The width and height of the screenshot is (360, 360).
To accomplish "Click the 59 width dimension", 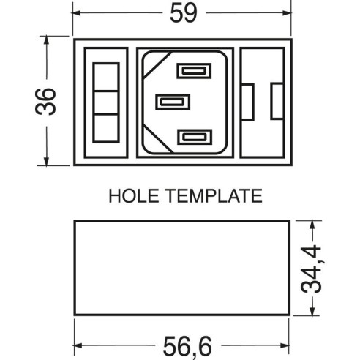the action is tap(183, 13).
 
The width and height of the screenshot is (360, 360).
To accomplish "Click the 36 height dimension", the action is tap(45, 102).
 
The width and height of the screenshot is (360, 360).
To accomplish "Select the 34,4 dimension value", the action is tap(312, 269).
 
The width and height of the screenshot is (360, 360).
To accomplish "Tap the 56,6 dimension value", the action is tap(187, 346).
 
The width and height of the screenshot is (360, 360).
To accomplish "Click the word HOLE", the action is tap(133, 195).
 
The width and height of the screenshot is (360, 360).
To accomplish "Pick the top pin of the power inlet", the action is tap(194, 71).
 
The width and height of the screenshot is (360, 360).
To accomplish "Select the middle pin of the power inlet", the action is tap(173, 102).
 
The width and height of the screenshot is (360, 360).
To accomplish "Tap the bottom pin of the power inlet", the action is tap(195, 137).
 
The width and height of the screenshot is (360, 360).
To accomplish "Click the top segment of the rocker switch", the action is tap(106, 77).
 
